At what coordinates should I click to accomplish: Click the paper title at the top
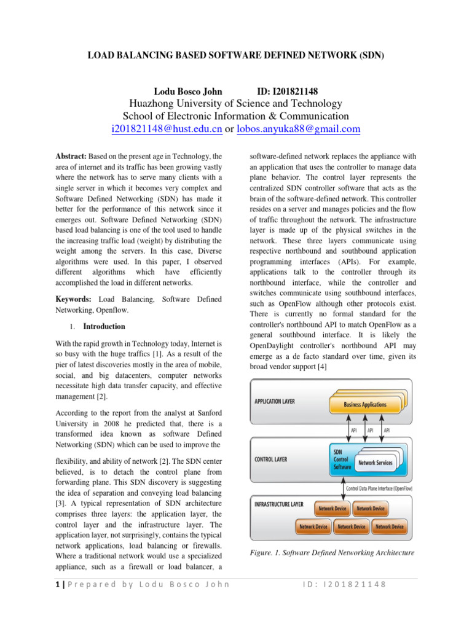(235, 55)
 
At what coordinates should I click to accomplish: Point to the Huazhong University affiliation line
(236, 104)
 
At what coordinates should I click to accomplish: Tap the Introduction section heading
(104, 327)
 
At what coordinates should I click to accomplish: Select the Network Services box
(375, 463)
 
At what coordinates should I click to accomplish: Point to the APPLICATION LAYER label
(275, 401)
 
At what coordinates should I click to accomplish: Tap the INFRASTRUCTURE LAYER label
(279, 504)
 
